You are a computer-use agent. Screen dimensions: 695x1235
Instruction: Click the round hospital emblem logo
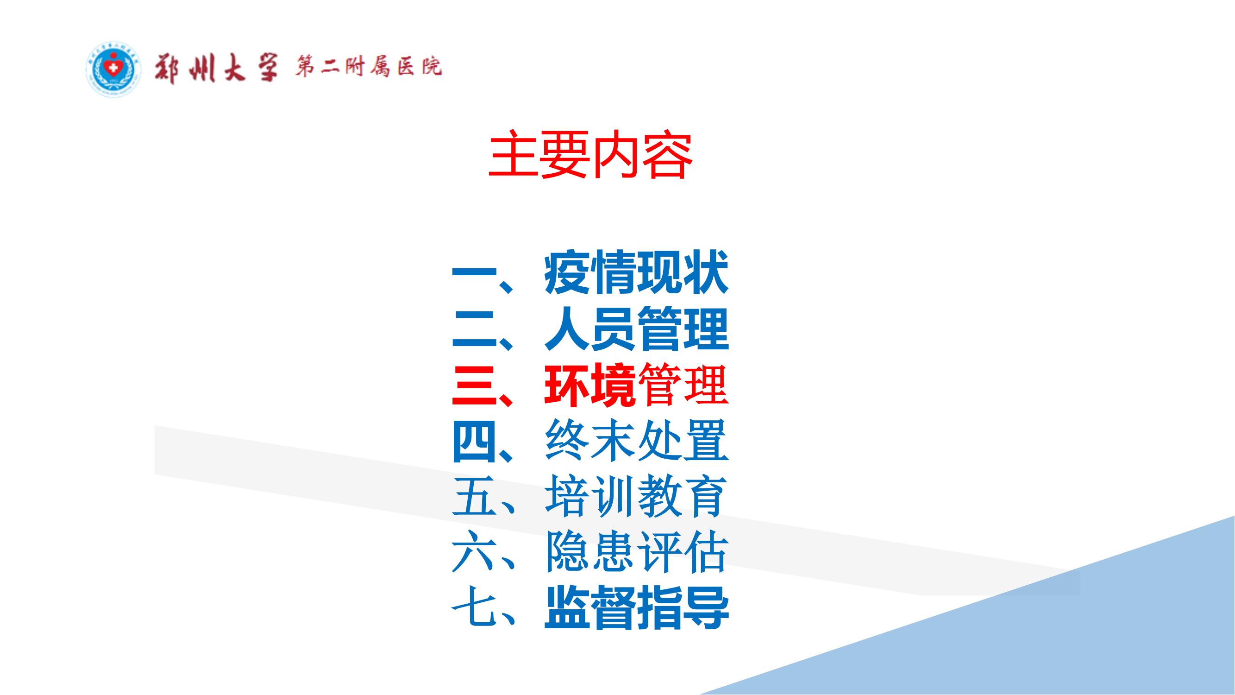[113, 69]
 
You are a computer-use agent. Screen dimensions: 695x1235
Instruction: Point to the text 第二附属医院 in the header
[368, 67]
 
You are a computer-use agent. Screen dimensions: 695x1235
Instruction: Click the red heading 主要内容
[590, 154]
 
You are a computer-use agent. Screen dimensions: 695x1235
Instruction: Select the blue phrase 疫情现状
[636, 273]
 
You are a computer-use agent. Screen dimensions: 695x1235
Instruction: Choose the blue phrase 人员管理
[636, 329]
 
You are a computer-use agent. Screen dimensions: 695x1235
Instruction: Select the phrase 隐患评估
[636, 553]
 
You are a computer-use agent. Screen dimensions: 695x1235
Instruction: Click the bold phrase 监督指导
[636, 608]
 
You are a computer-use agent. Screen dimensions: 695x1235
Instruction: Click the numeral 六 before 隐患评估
[474, 553]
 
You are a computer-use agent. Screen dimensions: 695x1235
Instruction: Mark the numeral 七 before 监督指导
[474, 608]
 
